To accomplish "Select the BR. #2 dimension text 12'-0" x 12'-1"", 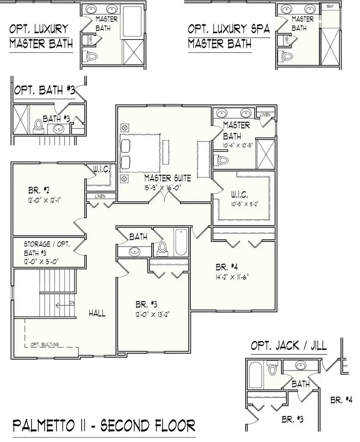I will pyautogui.click(x=44, y=198).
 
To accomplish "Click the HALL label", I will pyautogui.click(x=97, y=313).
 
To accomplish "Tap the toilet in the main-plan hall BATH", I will pyautogui.click(x=162, y=248).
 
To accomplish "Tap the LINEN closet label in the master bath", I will pyautogui.click(x=265, y=115).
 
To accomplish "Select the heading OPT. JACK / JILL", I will pyautogui.click(x=288, y=346).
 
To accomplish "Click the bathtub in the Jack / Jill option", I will pyautogui.click(x=254, y=376).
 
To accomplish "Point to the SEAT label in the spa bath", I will pyautogui.click(x=330, y=7).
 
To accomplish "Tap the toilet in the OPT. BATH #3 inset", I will pyautogui.click(x=38, y=125).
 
